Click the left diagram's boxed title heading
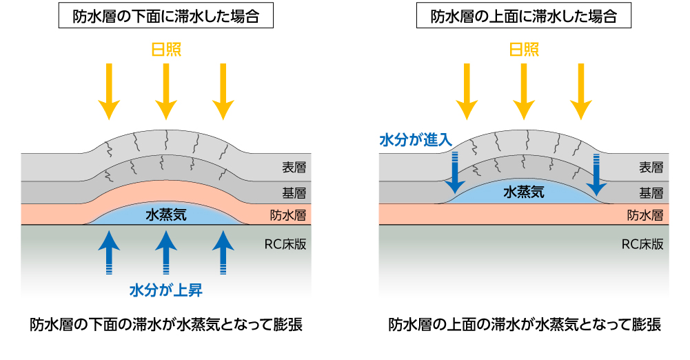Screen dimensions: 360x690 [x=166, y=17]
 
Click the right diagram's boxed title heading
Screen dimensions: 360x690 [x=524, y=17]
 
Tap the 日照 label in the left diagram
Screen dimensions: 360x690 [x=166, y=50]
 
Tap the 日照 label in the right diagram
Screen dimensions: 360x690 [x=524, y=50]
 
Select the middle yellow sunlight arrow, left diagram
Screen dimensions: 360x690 [x=165, y=90]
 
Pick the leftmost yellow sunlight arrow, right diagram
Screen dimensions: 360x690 [x=467, y=90]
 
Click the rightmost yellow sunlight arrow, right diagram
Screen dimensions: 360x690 [x=581, y=90]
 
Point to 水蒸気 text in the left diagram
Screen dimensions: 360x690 [x=166, y=215]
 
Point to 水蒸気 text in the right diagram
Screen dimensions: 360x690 [x=524, y=192]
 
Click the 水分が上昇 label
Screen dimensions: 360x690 [x=166, y=290]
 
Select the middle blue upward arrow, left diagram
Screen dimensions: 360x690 [x=165, y=252]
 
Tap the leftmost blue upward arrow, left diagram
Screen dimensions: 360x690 [x=108, y=252]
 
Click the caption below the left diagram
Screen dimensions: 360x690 [x=166, y=324]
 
